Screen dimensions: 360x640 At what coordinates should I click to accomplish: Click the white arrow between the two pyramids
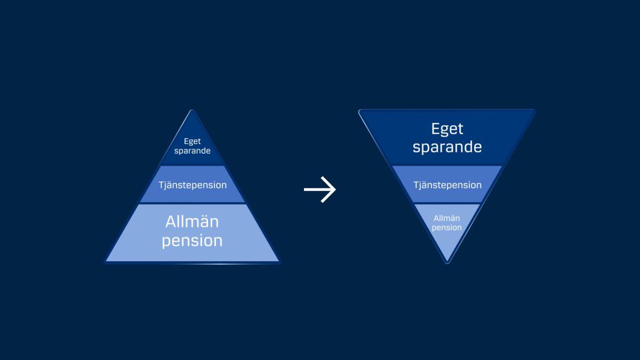[320, 189]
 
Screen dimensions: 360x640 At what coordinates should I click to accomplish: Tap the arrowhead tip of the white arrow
[335, 189]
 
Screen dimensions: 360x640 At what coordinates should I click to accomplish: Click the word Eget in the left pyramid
[192, 141]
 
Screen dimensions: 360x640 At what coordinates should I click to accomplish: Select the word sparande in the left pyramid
[192, 151]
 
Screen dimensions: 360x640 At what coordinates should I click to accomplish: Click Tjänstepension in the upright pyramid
[193, 185]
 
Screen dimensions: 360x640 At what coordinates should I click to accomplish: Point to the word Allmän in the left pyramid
[192, 221]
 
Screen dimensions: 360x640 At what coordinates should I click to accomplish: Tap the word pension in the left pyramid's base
[192, 241]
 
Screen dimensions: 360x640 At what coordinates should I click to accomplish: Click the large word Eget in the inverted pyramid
[447, 129]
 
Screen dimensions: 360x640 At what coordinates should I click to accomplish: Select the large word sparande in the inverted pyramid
[447, 147]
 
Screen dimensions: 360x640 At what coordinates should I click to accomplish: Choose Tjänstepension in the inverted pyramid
[447, 185]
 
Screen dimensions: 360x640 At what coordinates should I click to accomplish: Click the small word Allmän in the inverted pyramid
[447, 218]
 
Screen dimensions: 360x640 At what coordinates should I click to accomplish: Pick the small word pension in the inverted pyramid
[447, 228]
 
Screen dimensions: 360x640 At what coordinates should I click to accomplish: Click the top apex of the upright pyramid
[192, 111]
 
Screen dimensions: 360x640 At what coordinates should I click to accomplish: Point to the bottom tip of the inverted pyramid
[447, 262]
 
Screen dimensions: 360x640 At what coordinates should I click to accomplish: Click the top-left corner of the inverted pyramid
[360, 111]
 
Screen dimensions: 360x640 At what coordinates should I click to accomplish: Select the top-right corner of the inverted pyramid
[534, 111]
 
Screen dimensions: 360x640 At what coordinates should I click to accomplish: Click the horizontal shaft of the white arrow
[315, 189]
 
